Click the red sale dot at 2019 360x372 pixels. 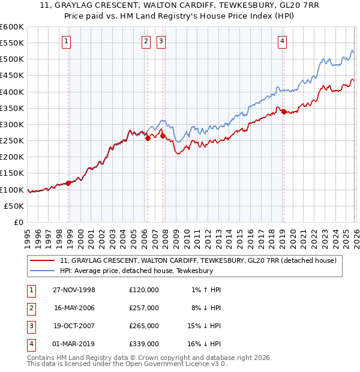pos(283,112)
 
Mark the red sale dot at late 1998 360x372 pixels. pos(68,183)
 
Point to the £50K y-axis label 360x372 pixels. pos(14,206)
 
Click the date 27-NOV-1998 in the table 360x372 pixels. pos(74,290)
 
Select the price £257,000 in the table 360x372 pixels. pos(144,308)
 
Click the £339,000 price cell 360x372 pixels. pos(144,344)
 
